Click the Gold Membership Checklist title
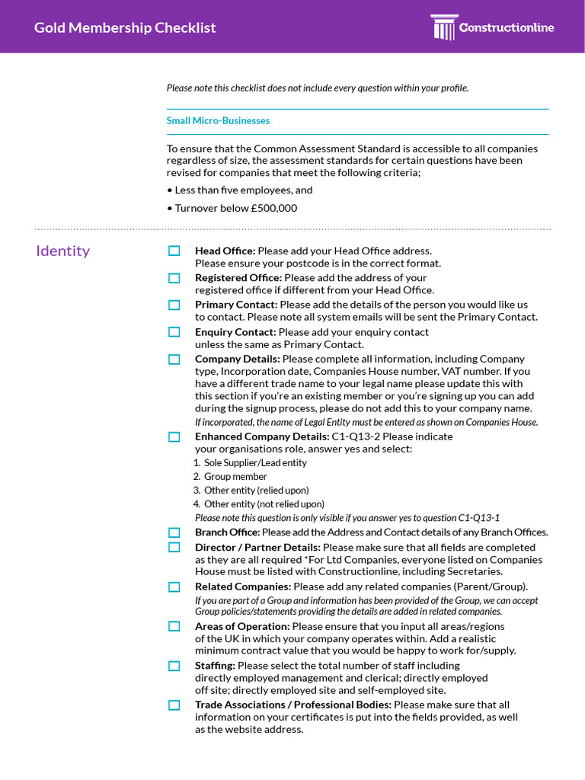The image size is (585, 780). [125, 28]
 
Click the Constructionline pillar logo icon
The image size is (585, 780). [443, 27]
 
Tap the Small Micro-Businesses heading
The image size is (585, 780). [218, 120]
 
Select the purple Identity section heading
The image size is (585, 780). [62, 251]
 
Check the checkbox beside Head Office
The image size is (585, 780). [174, 251]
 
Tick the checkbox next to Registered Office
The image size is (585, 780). [174, 278]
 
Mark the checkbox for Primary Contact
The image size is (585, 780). [174, 305]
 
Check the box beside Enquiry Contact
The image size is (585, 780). [174, 332]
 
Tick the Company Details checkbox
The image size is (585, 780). [174, 359]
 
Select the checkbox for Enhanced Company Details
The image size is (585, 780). [174, 436]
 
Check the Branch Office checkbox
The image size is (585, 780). [174, 532]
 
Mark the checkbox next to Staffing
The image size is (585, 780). [174, 666]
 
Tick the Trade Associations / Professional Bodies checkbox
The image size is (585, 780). [174, 705]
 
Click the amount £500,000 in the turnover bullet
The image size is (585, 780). [273, 208]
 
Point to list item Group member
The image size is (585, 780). [235, 477]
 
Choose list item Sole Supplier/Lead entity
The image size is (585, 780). [255, 463]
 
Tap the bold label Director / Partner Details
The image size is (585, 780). [257, 547]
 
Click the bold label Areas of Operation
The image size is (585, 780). [242, 626]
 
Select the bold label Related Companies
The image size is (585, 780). [243, 587]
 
